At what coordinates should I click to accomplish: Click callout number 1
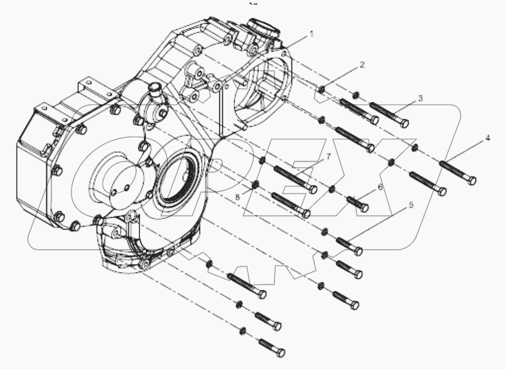(x=312, y=34)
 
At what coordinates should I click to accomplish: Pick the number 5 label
(x=411, y=205)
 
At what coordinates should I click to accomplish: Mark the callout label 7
(x=328, y=156)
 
